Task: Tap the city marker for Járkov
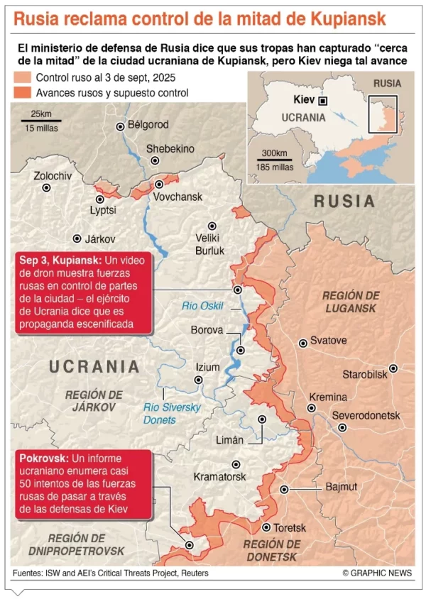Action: click(77, 239)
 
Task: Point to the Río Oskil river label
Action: click(203, 306)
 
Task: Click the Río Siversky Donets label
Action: click(172, 414)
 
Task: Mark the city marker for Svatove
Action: click(303, 342)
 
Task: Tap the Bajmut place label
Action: click(342, 487)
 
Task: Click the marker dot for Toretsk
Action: click(267, 527)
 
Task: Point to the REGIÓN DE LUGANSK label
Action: click(351, 302)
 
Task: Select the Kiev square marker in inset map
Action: click(323, 101)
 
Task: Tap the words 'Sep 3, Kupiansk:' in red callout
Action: click(62, 260)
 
